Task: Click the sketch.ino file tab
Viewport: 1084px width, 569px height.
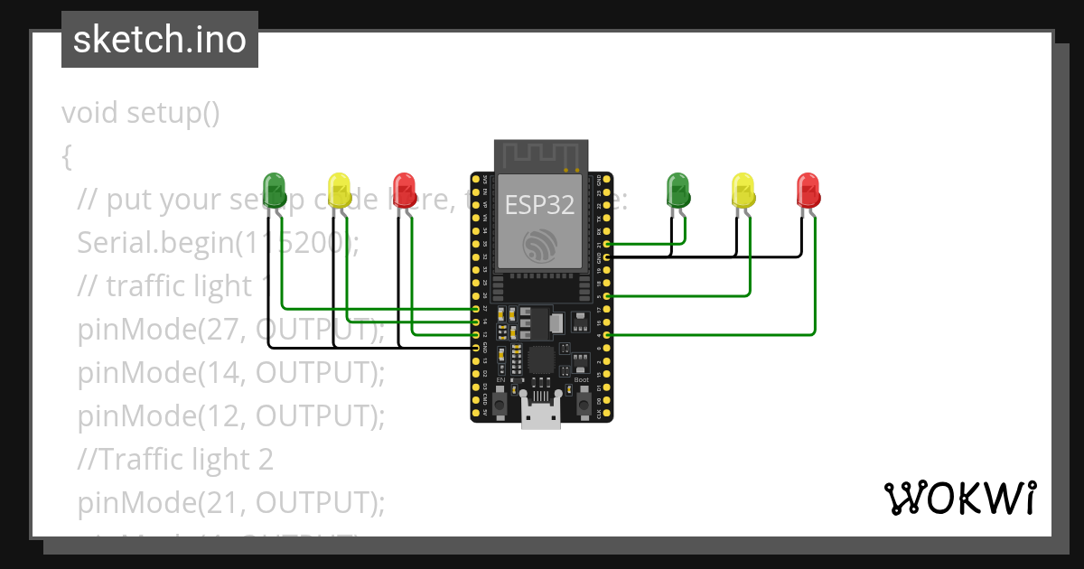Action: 159,40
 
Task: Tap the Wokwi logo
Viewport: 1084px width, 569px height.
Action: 959,498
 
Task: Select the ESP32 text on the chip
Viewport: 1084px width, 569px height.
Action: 539,205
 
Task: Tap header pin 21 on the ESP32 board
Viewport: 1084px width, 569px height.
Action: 607,244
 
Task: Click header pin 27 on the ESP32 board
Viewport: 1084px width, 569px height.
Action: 476,309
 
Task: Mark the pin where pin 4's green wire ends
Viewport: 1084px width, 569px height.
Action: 607,335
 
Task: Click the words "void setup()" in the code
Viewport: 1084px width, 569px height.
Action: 141,113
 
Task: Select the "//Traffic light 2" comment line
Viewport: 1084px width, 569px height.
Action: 175,460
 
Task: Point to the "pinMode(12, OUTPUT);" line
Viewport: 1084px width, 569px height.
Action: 231,416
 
